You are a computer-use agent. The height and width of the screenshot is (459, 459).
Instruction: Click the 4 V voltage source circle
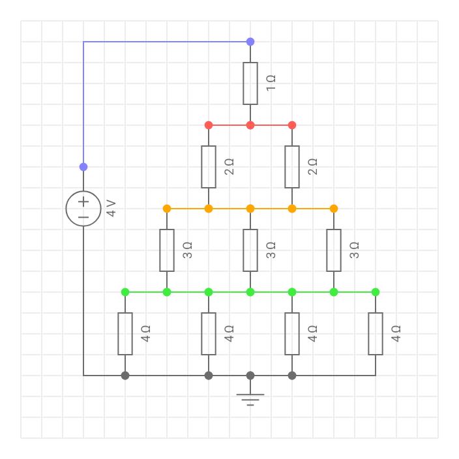tap(83, 209)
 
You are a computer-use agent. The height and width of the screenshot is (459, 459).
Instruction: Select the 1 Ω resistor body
tap(250, 83)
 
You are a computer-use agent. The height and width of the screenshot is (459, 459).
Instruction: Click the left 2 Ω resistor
tap(209, 167)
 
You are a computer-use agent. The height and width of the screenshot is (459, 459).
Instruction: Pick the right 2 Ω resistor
tap(292, 167)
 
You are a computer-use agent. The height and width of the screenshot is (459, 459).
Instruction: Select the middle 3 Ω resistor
tap(250, 250)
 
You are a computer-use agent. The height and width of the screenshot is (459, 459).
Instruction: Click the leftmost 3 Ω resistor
tap(167, 250)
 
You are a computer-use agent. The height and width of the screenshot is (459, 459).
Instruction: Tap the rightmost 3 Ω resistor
tap(334, 250)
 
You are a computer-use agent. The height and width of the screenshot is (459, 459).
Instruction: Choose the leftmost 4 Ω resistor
tap(125, 334)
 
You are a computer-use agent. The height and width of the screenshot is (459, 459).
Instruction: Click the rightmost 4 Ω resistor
tap(376, 334)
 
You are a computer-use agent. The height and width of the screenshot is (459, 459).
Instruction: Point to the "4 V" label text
tap(111, 209)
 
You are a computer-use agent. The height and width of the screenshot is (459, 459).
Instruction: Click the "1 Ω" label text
tap(271, 83)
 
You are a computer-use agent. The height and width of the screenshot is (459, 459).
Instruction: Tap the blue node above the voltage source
tap(83, 167)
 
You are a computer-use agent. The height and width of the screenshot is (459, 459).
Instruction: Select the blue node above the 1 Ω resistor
tap(250, 42)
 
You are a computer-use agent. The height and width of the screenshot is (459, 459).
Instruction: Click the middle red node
tap(250, 125)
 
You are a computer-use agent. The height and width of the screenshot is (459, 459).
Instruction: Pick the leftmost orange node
tap(167, 209)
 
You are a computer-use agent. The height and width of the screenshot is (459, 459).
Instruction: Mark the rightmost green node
tap(376, 292)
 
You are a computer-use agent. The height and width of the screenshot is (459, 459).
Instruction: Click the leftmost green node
tap(125, 292)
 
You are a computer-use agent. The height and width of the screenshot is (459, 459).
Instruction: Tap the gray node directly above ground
tap(250, 376)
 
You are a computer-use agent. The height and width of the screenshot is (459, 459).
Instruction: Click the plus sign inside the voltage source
tap(83, 201)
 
